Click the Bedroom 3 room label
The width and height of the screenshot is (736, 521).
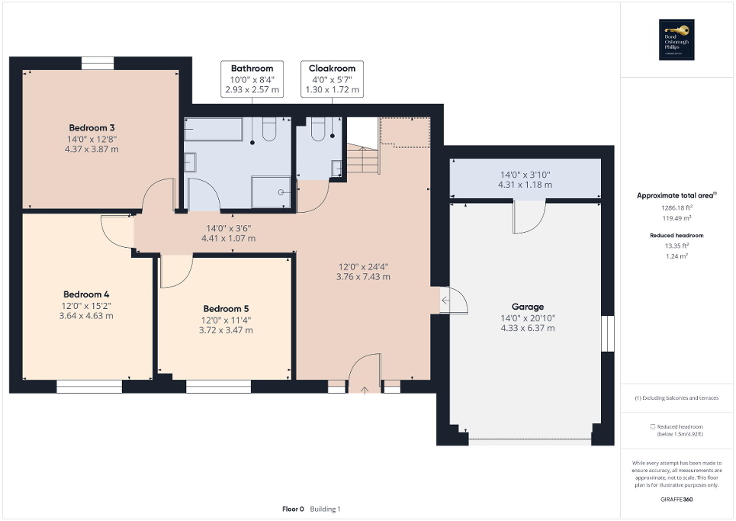click(92, 127)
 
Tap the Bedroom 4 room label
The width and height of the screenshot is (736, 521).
click(86, 294)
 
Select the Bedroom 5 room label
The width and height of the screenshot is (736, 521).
click(227, 309)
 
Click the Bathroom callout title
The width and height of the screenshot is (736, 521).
click(252, 69)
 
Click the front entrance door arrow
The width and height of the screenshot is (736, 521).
click(365, 390)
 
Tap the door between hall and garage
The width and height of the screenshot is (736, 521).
click(445, 300)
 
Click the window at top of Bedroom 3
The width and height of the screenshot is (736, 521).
click(97, 64)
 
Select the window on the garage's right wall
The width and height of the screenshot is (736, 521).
click(608, 334)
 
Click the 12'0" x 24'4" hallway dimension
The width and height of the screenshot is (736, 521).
click(363, 267)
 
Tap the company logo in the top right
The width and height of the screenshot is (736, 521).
click(677, 40)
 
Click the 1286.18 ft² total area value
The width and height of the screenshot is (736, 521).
click(677, 207)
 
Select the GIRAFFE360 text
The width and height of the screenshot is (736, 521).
click(677, 498)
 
